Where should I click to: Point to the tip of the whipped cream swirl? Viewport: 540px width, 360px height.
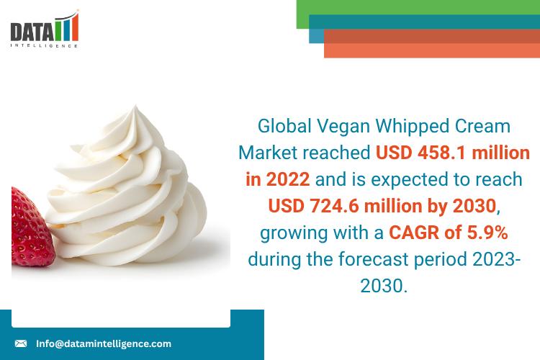135,108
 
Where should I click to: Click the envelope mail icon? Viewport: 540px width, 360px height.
21,343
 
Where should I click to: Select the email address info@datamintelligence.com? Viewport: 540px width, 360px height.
104,343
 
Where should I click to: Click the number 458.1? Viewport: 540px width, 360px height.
438,153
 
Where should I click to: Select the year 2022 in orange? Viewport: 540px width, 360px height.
287,179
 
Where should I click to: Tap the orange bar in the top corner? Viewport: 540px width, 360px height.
432,49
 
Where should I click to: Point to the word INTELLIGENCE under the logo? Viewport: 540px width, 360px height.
45,45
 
